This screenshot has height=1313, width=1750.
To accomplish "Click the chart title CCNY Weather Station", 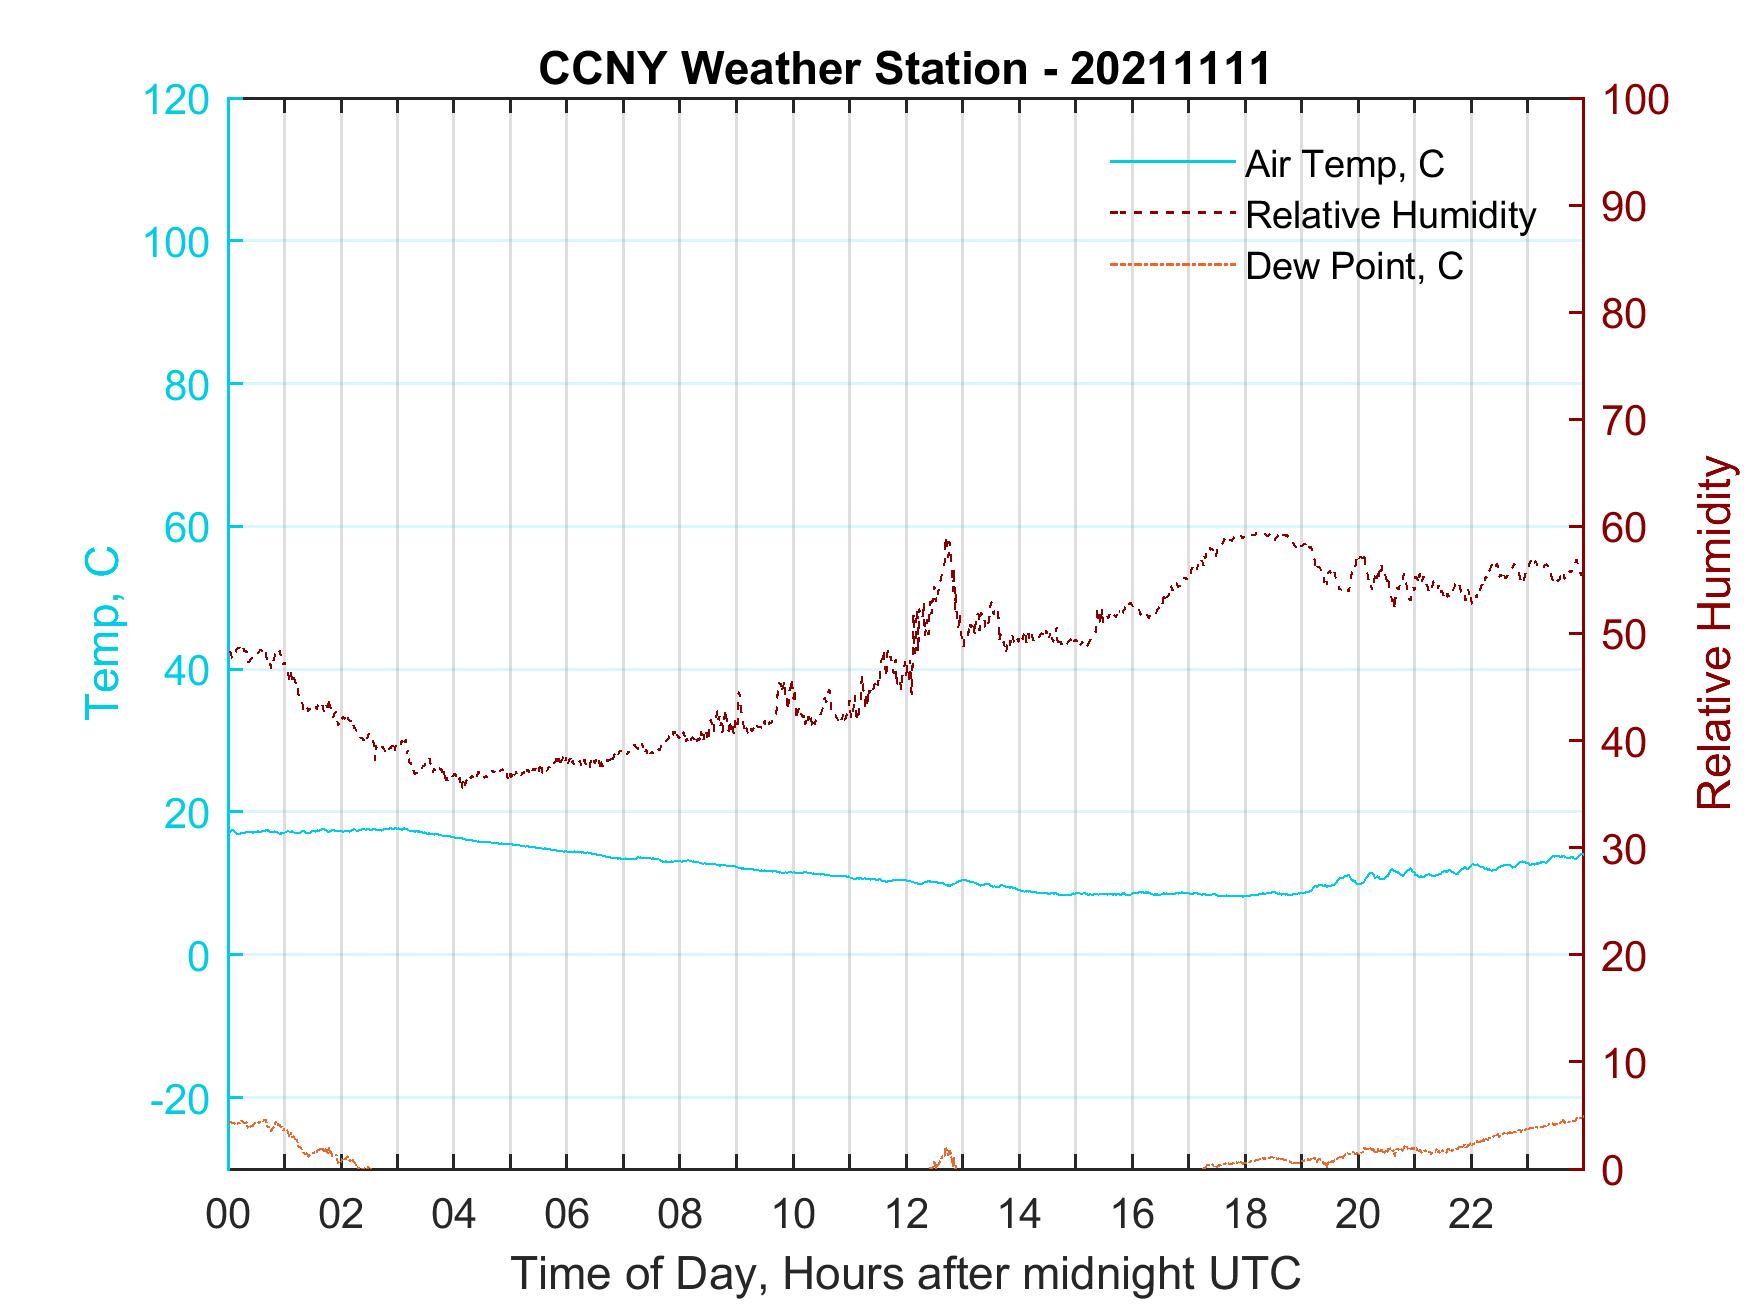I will tap(904, 69).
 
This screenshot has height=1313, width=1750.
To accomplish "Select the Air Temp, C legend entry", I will tap(1344, 163).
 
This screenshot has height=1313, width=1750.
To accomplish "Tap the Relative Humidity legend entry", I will tap(1390, 215).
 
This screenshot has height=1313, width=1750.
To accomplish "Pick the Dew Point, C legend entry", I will tap(1354, 267).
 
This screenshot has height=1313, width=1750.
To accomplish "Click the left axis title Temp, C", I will tap(102, 632).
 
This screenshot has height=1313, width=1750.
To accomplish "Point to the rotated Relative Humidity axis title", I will tap(1714, 632).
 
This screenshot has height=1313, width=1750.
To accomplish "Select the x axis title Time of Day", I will tap(905, 1274).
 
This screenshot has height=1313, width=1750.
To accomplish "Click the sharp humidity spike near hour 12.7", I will tap(947, 542).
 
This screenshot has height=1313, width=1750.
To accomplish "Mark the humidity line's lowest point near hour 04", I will tap(462, 786).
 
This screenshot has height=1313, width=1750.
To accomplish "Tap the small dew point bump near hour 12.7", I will tap(946, 1151).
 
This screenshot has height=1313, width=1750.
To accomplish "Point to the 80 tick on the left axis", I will tap(186, 385).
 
